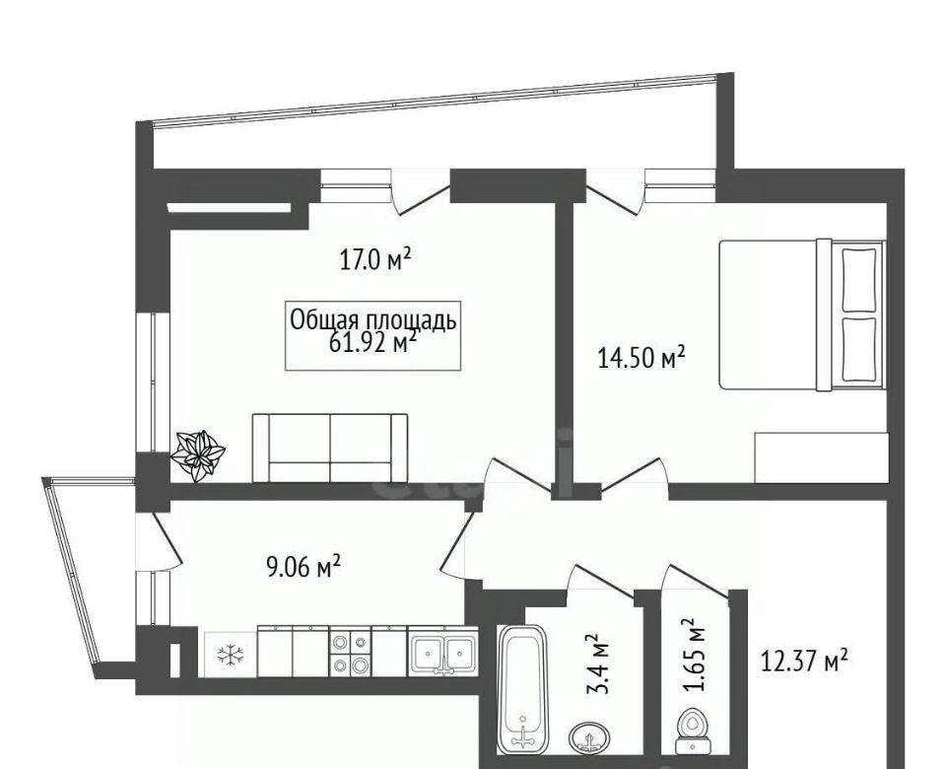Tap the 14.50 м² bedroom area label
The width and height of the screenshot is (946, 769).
pos(642,358)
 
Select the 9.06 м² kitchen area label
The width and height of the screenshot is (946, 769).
pos(304,567)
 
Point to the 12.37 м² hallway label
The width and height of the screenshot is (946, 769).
pos(804,661)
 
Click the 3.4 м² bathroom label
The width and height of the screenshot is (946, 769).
pos(598,664)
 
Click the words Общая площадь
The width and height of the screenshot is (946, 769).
pos(372,319)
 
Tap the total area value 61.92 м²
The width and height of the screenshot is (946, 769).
pos(372,342)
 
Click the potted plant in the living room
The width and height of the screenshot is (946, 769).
pos(197,455)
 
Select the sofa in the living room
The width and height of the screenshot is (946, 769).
pos(330,448)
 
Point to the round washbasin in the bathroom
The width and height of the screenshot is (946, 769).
pos(589,738)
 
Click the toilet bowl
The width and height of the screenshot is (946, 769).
pos(692,731)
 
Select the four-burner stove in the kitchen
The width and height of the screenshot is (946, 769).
pos(350,653)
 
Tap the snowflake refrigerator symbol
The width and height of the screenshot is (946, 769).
pos(231,655)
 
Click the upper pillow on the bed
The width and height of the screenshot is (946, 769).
pos(858,278)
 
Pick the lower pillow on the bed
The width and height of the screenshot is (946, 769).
pos(858,350)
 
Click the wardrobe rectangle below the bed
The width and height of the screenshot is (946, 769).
pos(821,457)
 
